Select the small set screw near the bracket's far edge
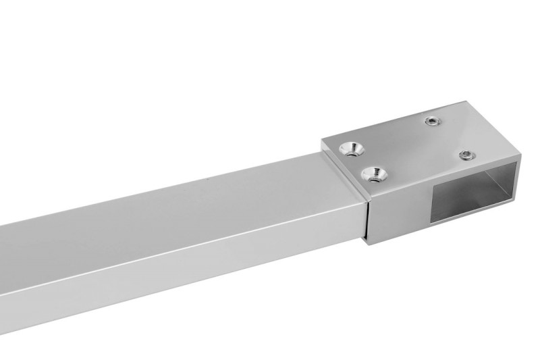(x=431, y=122)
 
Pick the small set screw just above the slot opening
(x=465, y=155)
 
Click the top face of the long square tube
(x=169, y=209)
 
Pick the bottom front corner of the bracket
(x=371, y=243)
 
